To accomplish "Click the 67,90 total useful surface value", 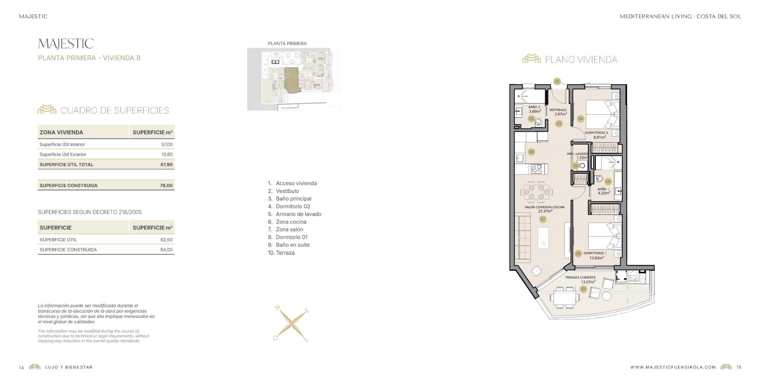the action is click(166, 164).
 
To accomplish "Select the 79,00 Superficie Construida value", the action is click(166, 186).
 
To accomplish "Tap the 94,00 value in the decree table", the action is click(166, 250).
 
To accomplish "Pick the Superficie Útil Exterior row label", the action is click(63, 154).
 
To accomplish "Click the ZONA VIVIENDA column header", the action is click(61, 132).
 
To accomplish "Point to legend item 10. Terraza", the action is click(281, 253).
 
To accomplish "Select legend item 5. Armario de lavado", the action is click(294, 214).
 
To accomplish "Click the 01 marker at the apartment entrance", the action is click(557, 81).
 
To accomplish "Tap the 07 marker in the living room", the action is click(543, 219).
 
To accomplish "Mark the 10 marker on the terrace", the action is click(583, 289).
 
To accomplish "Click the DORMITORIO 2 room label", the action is click(596, 133).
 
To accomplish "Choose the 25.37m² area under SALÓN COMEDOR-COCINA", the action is click(545, 211).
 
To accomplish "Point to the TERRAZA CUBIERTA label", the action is click(580, 277).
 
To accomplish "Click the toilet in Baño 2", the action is click(538, 122).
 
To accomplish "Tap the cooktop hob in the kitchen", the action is click(536, 169).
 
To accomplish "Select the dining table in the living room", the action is click(536, 192).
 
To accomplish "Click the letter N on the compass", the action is click(278, 307).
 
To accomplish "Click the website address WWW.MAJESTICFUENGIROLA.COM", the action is click(673, 367).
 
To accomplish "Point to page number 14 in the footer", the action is click(21, 368).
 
